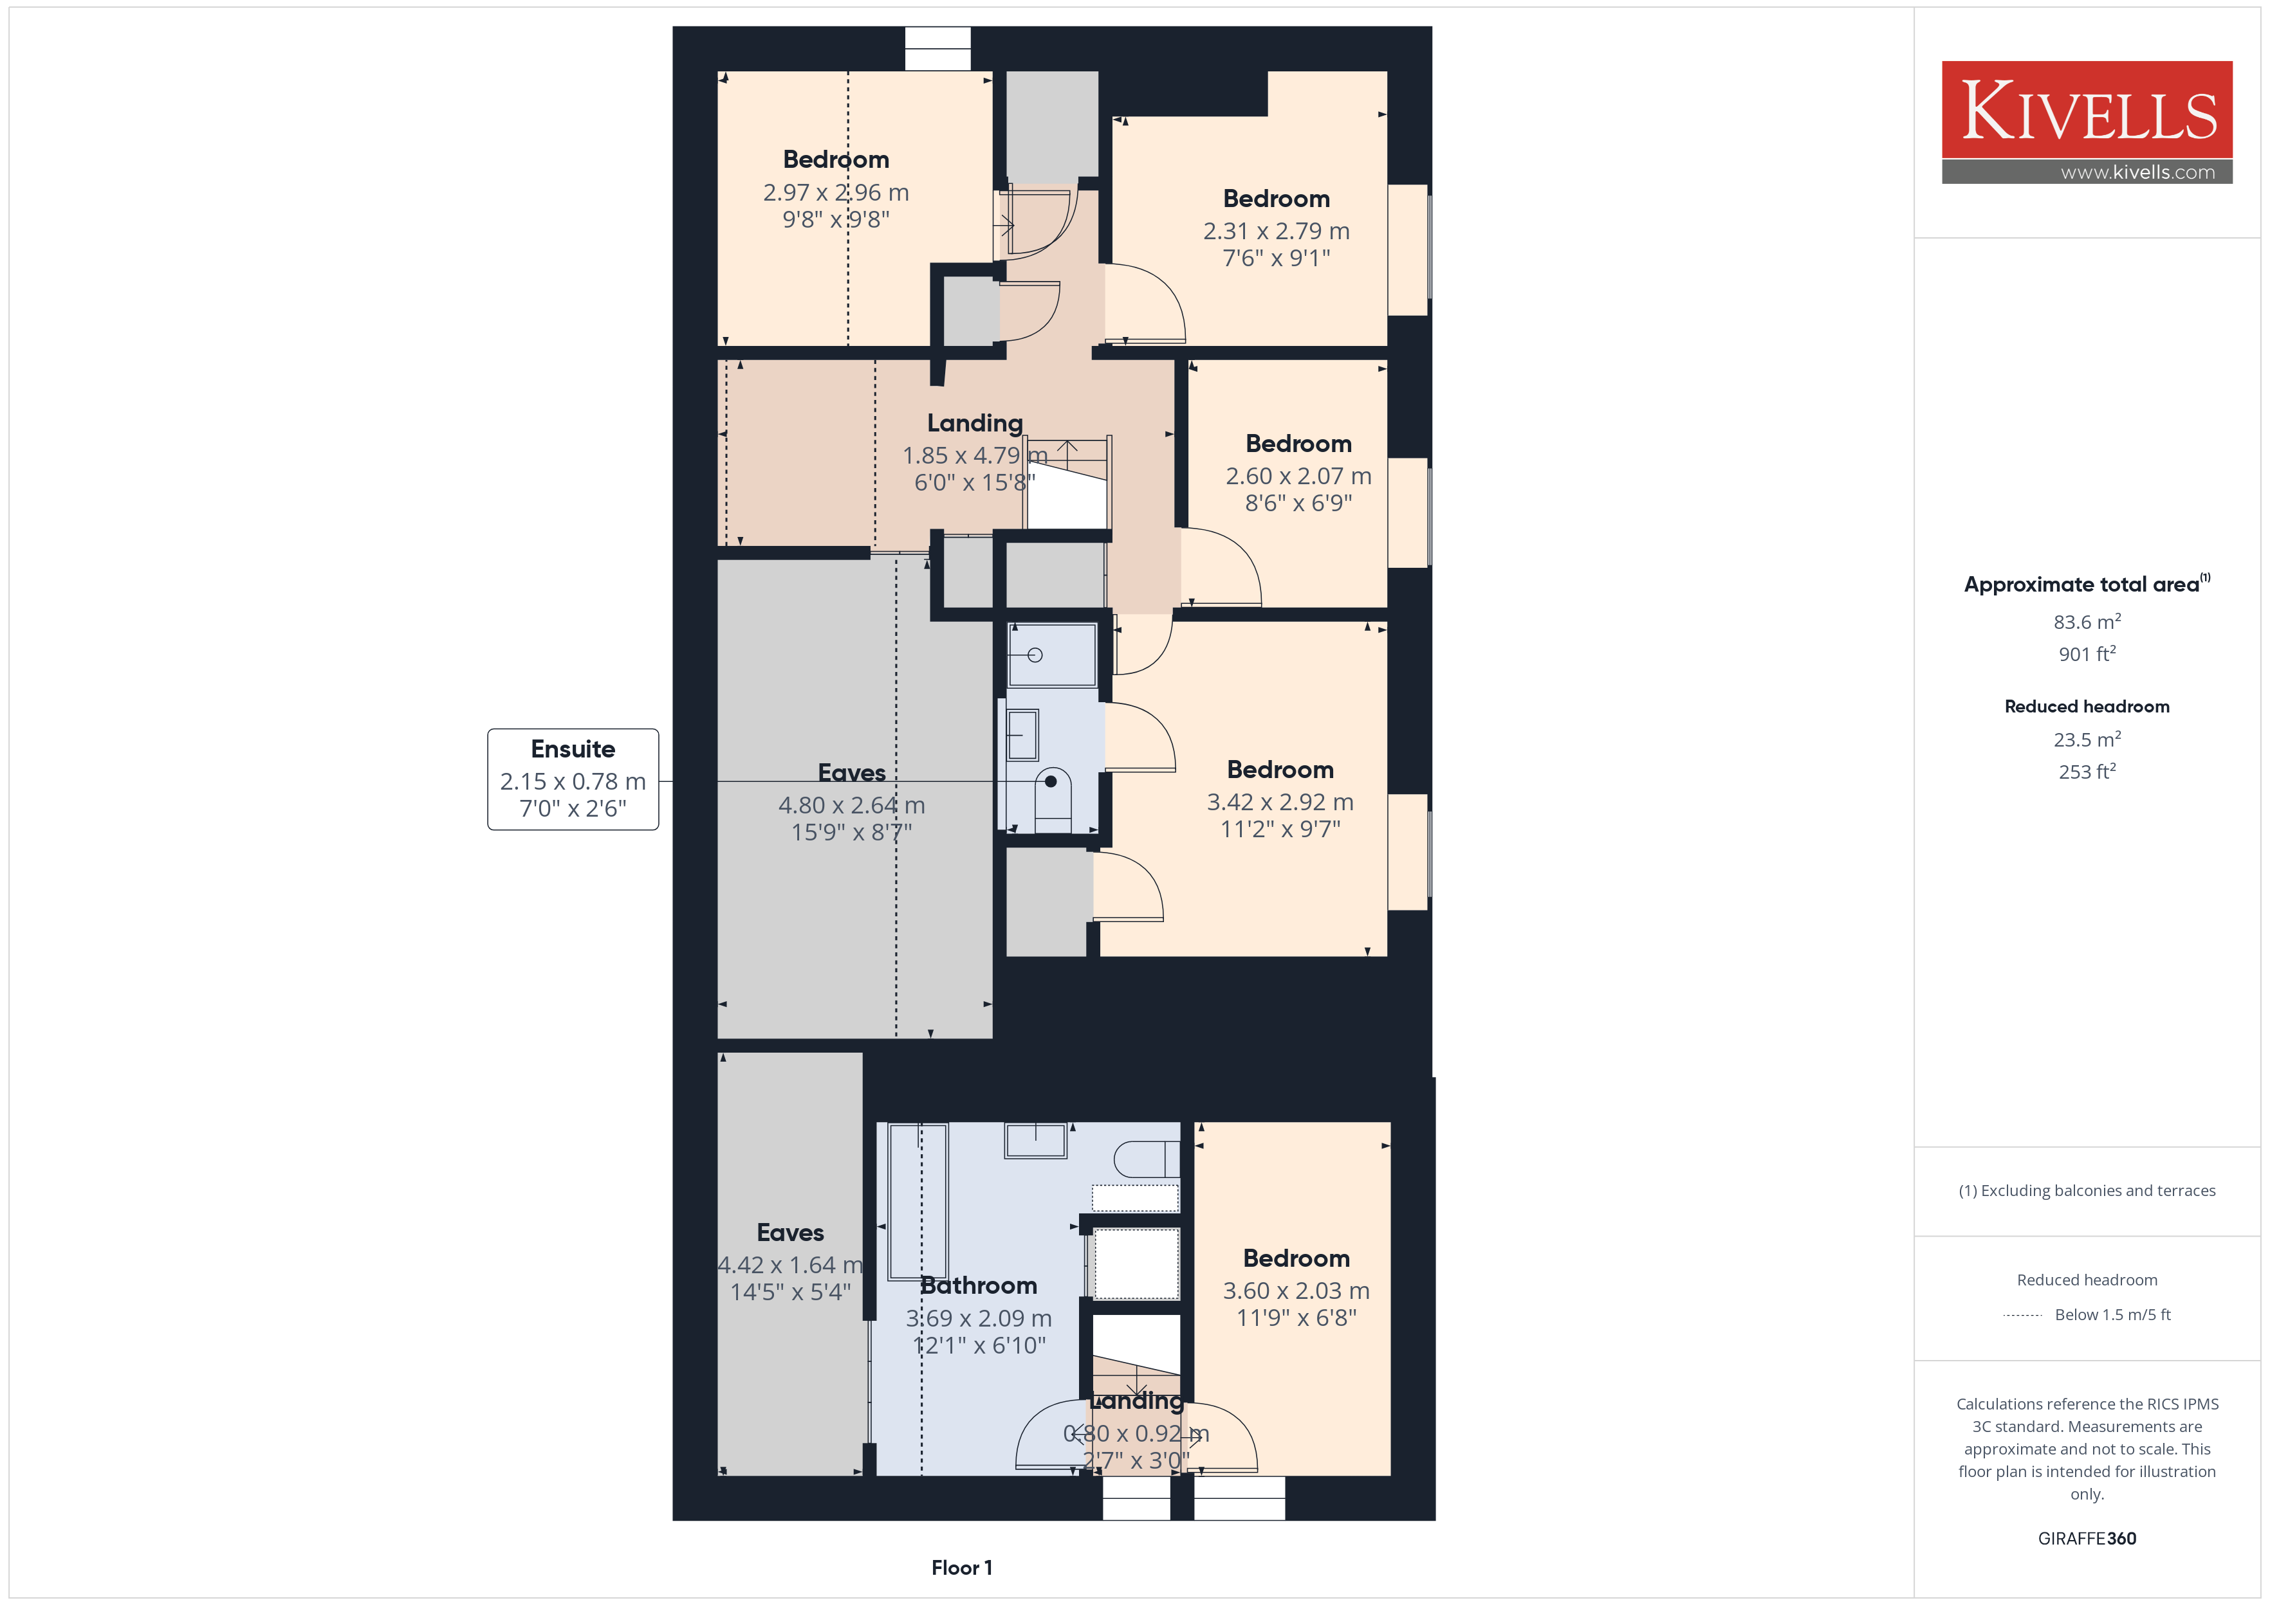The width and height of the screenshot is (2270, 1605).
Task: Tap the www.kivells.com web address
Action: (2137, 172)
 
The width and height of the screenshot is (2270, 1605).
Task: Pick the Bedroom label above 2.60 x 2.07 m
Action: (1298, 444)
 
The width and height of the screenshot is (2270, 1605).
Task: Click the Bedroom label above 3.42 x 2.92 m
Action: (1280, 770)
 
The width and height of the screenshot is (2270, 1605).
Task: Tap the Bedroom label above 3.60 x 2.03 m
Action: (1296, 1258)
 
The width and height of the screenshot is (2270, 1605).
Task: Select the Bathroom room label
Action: (978, 1286)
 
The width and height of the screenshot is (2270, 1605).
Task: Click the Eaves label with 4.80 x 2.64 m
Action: (851, 773)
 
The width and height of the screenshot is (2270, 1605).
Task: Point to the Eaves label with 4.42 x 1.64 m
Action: (790, 1233)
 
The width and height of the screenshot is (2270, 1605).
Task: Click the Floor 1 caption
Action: (961, 1568)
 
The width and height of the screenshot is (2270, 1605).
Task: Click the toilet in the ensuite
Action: (1052, 799)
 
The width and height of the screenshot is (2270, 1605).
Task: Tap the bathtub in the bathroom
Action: (918, 1201)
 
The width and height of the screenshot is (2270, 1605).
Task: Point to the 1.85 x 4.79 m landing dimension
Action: (974, 456)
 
